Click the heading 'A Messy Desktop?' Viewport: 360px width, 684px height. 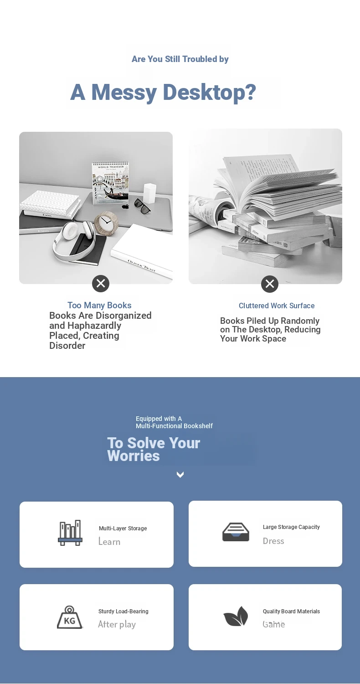point(163,92)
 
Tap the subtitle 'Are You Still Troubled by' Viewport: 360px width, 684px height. point(180,59)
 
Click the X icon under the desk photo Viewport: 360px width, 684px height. point(101,284)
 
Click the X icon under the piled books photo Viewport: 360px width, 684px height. point(270,284)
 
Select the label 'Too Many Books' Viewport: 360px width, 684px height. point(99,305)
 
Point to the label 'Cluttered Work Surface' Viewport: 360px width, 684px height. point(277,306)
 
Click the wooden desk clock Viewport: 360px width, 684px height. point(106,223)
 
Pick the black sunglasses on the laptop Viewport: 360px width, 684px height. point(142,206)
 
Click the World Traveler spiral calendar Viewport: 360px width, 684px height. point(111,182)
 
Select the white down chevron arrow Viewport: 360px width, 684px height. point(180,475)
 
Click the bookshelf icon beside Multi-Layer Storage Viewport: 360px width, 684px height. point(70,533)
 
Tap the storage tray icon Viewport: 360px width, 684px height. point(236,532)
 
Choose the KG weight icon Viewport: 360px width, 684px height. point(70,617)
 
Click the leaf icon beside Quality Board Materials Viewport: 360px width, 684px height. point(236,616)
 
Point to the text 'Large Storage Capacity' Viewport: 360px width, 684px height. point(291,527)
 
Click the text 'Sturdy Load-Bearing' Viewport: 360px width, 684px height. point(123,611)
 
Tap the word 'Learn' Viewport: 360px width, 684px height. point(109,541)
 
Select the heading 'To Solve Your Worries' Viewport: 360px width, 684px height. point(154,449)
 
